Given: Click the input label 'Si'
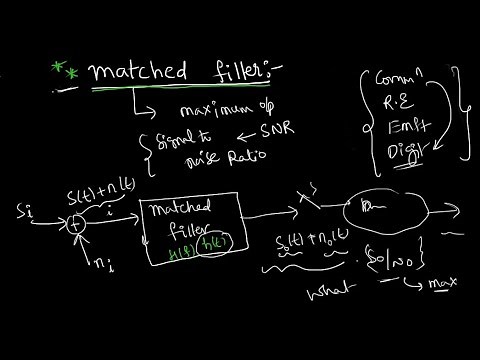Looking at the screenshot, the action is [23, 212].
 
